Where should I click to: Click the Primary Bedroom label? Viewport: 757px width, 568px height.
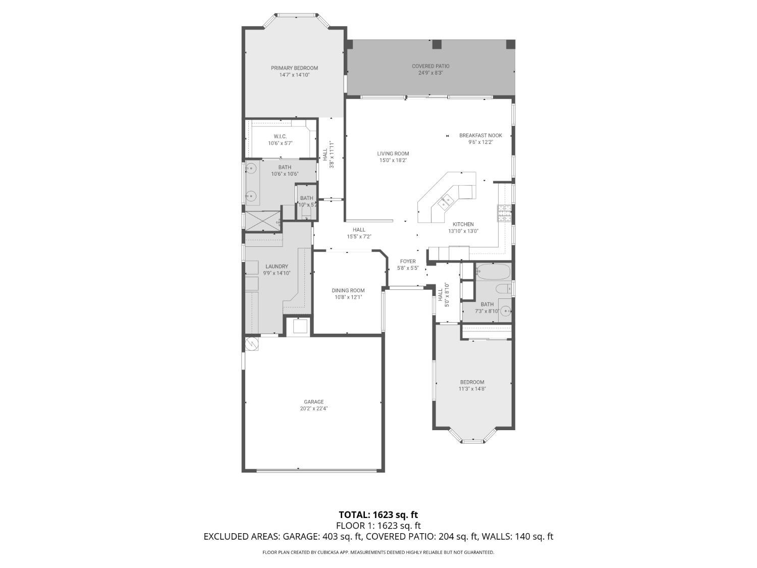click(x=294, y=68)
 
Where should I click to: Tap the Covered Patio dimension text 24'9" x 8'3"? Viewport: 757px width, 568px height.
click(x=430, y=73)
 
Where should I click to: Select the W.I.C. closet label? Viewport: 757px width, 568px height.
click(x=280, y=136)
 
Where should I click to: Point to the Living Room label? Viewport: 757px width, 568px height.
click(x=393, y=153)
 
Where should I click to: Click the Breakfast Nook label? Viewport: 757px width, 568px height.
click(x=480, y=135)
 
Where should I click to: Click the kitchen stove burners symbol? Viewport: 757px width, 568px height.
click(x=504, y=213)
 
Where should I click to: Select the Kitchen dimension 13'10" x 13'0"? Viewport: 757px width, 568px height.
click(x=463, y=231)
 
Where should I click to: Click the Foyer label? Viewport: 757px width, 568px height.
click(x=408, y=262)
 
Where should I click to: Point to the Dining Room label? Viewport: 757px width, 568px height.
click(x=348, y=290)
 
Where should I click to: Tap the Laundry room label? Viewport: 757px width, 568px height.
click(x=277, y=267)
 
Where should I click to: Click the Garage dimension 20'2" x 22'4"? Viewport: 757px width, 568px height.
click(x=313, y=409)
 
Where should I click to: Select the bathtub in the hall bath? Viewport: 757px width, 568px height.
click(x=493, y=271)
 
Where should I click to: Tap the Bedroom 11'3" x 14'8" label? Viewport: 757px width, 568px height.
click(x=472, y=382)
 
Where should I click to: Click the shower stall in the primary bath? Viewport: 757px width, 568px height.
click(x=262, y=221)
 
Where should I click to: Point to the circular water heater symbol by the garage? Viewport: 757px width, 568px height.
click(x=251, y=344)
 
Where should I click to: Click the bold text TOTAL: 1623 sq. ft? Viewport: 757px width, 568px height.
click(x=378, y=515)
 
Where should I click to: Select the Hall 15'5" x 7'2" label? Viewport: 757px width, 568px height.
click(x=359, y=230)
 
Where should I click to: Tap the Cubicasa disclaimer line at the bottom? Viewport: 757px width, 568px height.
click(x=378, y=552)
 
